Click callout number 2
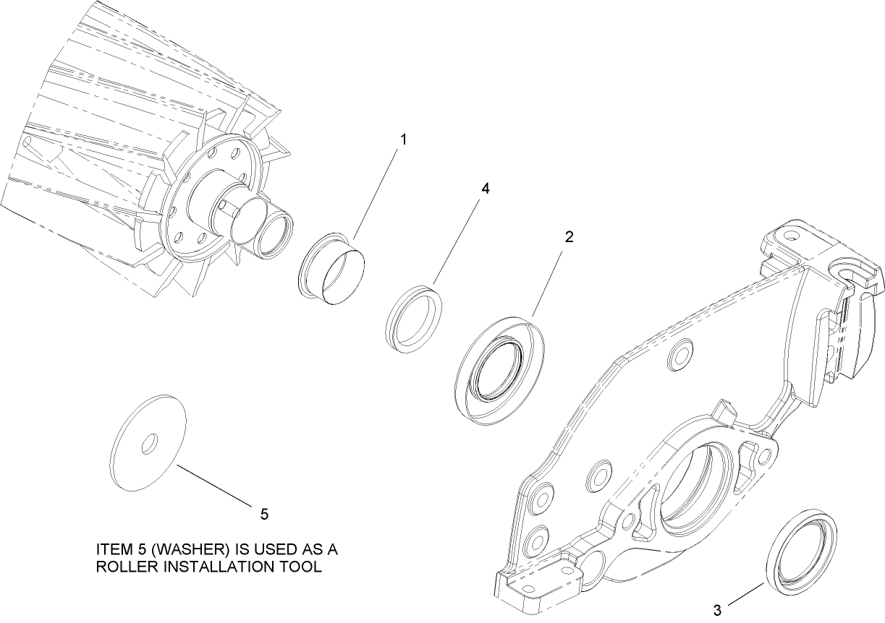click(569, 237)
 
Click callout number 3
click(717, 609)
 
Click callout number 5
click(264, 514)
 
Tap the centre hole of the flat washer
click(149, 443)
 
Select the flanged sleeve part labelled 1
click(332, 268)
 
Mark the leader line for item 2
click(551, 281)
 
